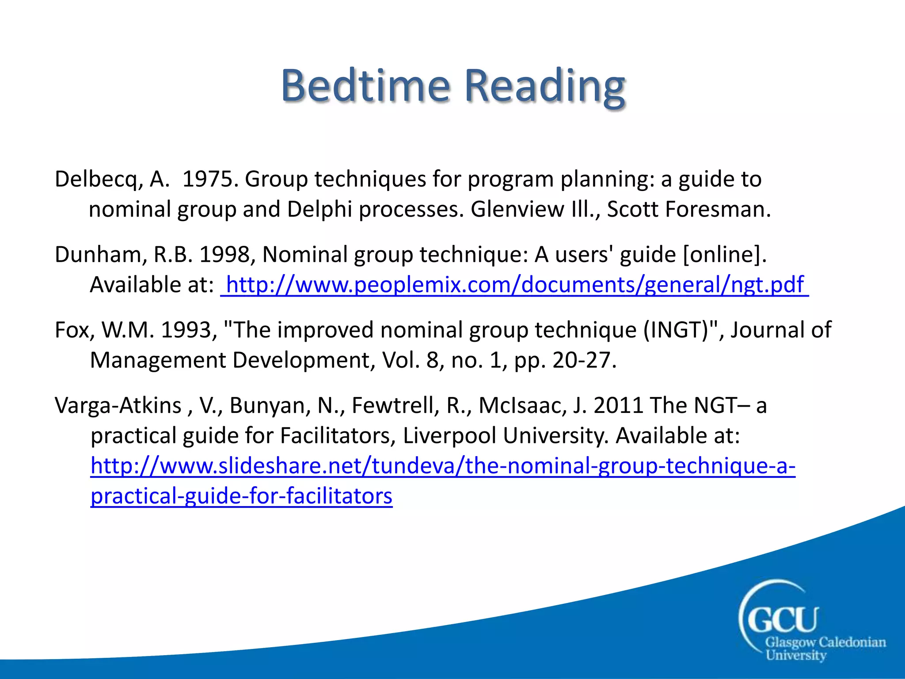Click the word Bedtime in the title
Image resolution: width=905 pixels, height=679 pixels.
tap(365, 85)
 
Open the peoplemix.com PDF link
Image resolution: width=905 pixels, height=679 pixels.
tap(514, 285)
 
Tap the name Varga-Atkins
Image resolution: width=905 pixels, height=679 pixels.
tap(118, 405)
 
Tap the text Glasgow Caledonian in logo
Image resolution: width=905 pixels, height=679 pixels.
tap(825, 642)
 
